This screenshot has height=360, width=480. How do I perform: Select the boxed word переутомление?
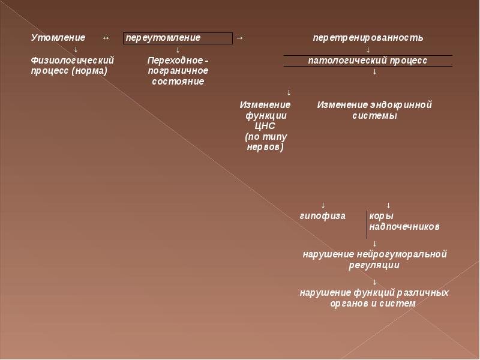[x=163, y=38]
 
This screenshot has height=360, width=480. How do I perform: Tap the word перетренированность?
[x=368, y=38]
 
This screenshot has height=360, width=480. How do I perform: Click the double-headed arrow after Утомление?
[x=106, y=38]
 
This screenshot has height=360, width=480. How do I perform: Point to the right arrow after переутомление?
[x=239, y=38]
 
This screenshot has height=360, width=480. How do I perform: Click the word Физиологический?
[x=72, y=61]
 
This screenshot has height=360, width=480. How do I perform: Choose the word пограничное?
[x=178, y=71]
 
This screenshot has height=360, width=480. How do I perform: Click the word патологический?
[x=343, y=61]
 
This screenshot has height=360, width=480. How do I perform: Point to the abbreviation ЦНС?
[x=265, y=126]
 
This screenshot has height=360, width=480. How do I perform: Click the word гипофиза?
[x=323, y=215]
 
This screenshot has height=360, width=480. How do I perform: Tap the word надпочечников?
[x=404, y=226]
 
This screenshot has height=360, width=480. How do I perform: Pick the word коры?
[x=381, y=215]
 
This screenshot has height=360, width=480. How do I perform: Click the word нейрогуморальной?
[x=406, y=254]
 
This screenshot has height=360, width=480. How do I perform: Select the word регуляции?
[x=374, y=265]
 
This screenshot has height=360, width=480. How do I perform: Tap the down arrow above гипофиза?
[x=323, y=205]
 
